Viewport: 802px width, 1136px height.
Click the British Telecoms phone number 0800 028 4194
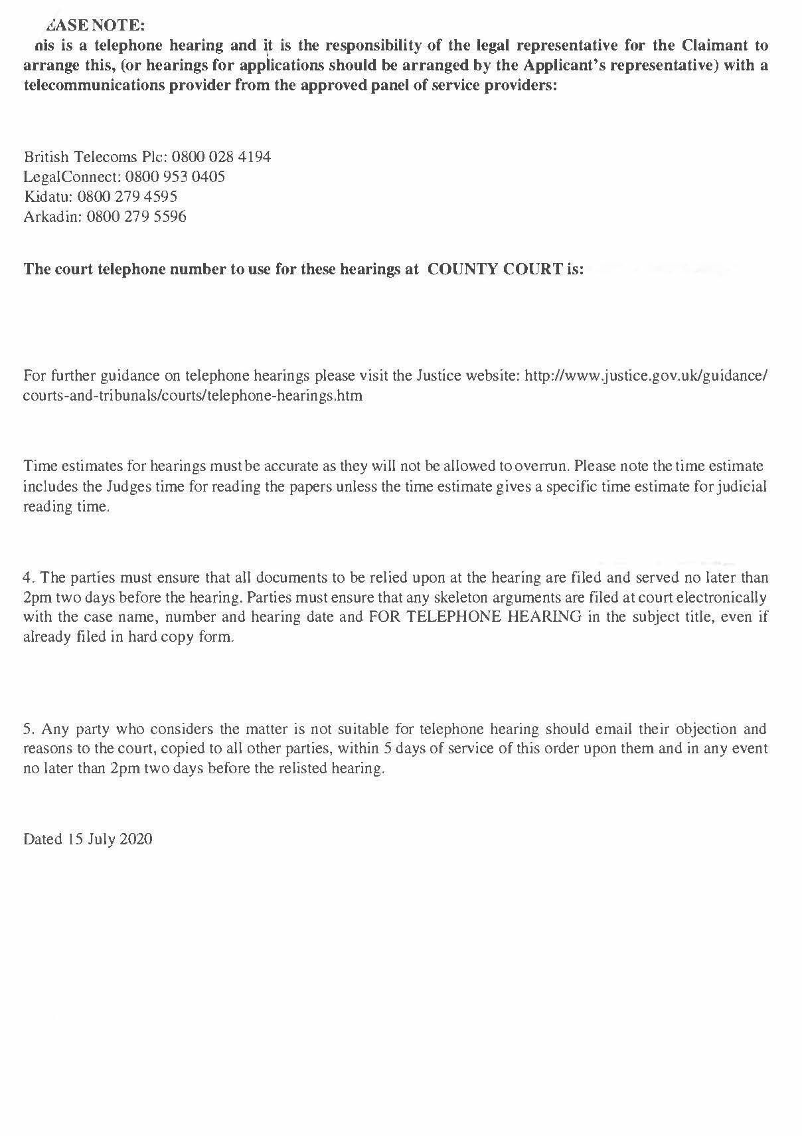click(221, 157)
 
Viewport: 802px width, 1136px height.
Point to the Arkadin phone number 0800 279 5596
click(136, 217)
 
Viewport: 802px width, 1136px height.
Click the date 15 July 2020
click(110, 839)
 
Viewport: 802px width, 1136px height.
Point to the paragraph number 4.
click(28, 577)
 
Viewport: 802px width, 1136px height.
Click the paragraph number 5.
click(28, 729)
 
